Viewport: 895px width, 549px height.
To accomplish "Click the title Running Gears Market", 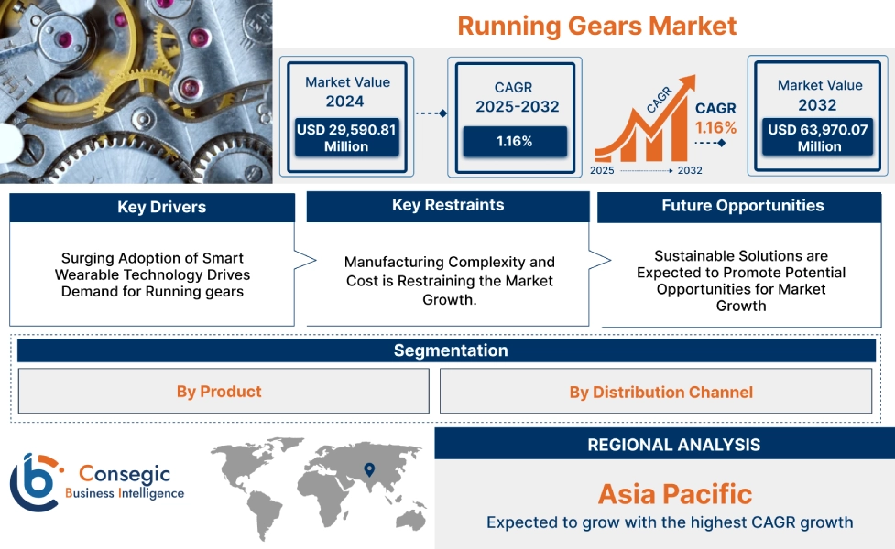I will point(596,25).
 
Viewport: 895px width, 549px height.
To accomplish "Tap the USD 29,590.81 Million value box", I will point(346,138).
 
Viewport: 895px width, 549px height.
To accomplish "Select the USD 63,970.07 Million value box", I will point(818,138).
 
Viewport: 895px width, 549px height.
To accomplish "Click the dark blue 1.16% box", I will point(514,142).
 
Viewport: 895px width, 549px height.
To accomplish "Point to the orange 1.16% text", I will point(715,128).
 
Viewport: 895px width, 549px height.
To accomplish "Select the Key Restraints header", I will point(447,205).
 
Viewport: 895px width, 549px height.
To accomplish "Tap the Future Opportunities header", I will point(742,206).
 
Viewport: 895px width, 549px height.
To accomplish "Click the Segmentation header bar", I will point(450,350).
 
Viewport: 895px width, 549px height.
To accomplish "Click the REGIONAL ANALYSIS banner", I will point(673,445).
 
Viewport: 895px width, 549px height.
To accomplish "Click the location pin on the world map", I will point(369,469).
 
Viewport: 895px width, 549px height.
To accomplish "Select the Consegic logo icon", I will point(34,480).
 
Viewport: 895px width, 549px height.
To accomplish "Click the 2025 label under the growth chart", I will point(602,171).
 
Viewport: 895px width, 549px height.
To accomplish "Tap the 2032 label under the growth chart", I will point(690,171).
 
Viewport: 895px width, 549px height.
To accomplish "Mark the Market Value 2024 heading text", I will point(347,91).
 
